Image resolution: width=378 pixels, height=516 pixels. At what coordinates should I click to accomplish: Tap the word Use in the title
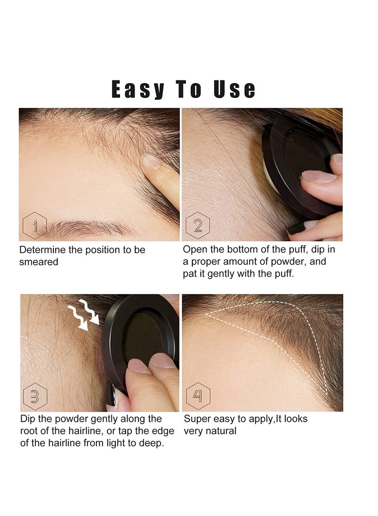click(234, 90)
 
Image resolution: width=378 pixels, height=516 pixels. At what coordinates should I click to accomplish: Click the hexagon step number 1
click(34, 226)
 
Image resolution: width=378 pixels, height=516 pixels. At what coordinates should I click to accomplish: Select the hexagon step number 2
click(198, 226)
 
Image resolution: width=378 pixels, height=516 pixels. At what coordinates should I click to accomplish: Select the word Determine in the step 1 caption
click(42, 250)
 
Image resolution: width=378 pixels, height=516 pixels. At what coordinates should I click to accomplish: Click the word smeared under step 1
click(39, 262)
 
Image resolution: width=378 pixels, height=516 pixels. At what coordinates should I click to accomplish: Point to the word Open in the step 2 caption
click(195, 249)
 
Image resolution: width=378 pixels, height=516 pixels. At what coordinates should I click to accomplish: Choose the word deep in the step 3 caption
click(152, 444)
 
